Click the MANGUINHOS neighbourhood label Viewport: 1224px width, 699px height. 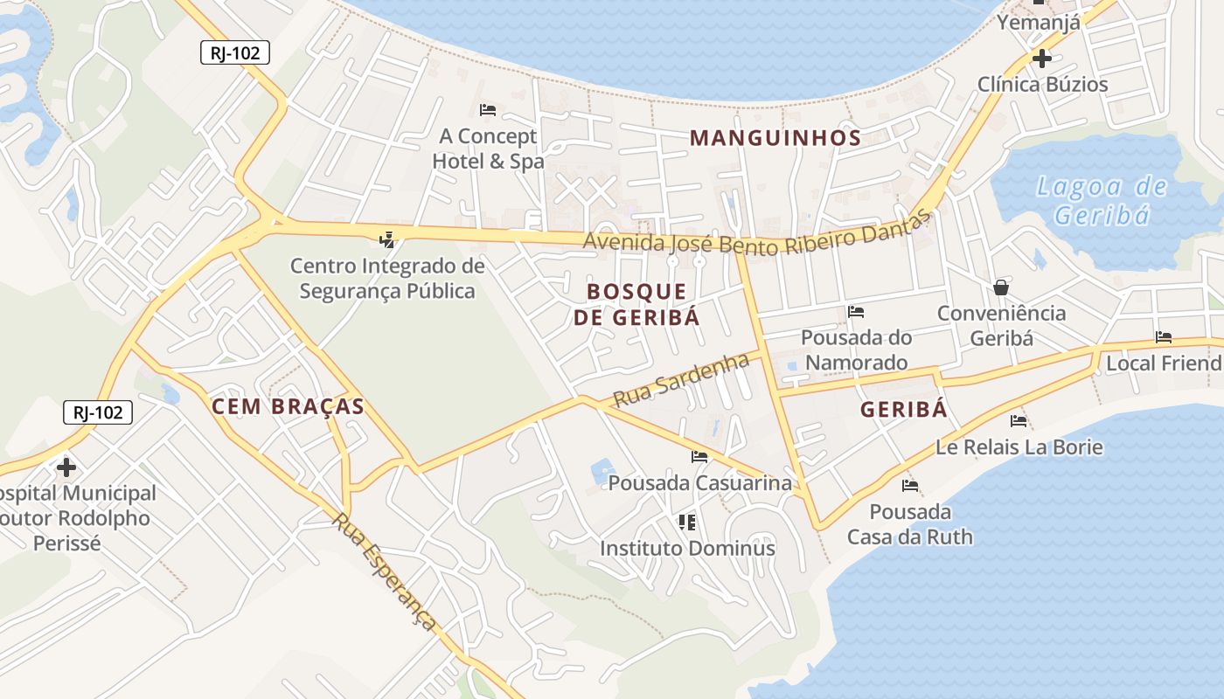coord(775,138)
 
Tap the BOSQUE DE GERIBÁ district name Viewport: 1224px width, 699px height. coord(636,304)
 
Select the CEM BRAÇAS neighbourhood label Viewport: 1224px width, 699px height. coord(288,406)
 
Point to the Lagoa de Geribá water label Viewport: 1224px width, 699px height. coord(1102,200)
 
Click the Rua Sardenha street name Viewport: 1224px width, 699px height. coord(681,380)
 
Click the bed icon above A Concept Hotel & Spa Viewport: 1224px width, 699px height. coord(488,110)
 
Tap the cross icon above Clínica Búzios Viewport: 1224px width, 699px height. coord(1041,59)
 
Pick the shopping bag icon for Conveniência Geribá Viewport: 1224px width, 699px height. coord(1001,287)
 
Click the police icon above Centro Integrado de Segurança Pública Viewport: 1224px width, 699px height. coord(386,239)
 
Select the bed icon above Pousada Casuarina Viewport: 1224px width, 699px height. coord(699,457)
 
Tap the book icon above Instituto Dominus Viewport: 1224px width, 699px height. coord(687,523)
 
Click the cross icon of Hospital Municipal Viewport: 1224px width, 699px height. coord(66,467)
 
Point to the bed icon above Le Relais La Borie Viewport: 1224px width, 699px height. coord(1019,421)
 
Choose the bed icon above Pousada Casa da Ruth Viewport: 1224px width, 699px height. coord(910,486)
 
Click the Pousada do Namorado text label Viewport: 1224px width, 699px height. coord(856,349)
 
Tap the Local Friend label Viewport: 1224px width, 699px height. coord(1164,363)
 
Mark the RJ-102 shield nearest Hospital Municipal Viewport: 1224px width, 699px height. coord(98,412)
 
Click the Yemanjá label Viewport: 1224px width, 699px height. coord(1039,23)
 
